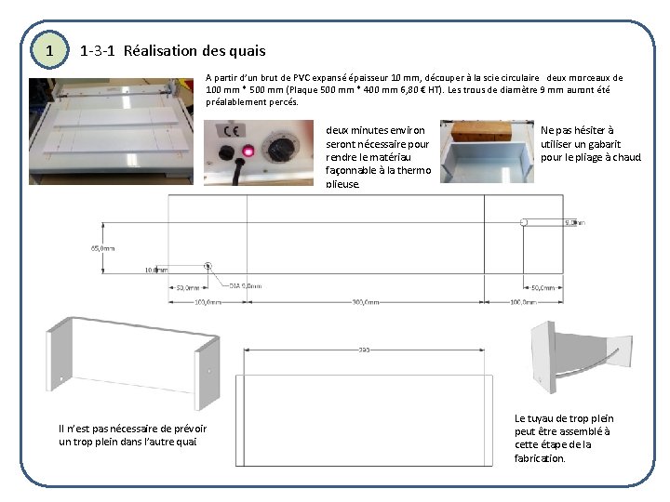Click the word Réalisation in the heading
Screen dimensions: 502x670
pyautogui.click(x=157, y=50)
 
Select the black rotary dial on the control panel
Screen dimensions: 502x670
pyautogui.click(x=277, y=149)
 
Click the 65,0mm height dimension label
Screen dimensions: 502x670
pyautogui.click(x=103, y=248)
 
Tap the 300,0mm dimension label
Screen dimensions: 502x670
pyautogui.click(x=365, y=301)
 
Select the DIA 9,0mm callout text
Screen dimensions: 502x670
pyautogui.click(x=246, y=286)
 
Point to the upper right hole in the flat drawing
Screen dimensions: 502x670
pyautogui.click(x=524, y=222)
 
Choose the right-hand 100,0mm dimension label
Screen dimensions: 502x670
pyautogui.click(x=523, y=301)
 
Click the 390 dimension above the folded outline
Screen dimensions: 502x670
pyautogui.click(x=364, y=350)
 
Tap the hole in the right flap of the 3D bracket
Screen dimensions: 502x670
pyautogui.click(x=208, y=372)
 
